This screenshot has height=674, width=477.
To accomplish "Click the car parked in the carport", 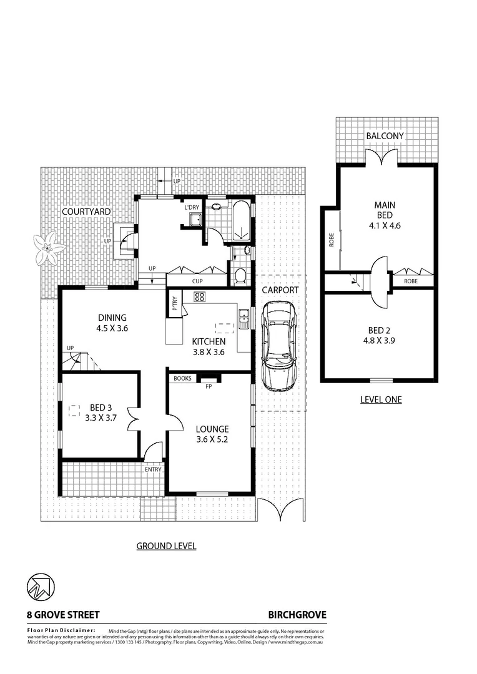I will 278,346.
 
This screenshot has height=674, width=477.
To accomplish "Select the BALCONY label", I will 385,135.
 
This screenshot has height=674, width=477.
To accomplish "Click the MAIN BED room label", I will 385,215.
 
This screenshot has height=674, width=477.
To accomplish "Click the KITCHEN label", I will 208,341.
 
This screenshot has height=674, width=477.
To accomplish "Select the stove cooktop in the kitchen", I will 200,298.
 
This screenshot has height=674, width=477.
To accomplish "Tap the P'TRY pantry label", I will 175,303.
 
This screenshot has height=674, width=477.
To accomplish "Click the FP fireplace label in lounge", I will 209,386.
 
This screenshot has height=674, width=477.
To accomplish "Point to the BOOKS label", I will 182,378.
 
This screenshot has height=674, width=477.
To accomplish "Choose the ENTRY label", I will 153,469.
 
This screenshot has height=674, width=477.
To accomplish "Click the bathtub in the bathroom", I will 241,222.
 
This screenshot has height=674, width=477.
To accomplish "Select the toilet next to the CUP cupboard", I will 240,275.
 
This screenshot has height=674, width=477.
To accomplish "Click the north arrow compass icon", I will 41,587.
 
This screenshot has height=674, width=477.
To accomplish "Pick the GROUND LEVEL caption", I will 166,546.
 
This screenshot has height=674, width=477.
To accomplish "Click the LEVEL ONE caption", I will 381,399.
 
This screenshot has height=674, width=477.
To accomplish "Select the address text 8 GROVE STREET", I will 63,614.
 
